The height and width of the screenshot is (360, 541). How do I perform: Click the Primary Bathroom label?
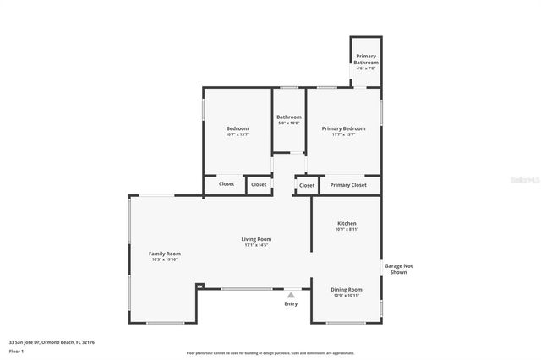[366, 59]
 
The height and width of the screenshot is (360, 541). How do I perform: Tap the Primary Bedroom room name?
[343, 128]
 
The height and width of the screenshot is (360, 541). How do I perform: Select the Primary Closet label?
[348, 184]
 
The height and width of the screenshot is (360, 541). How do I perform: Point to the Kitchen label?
[347, 223]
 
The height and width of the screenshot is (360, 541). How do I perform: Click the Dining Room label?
[346, 289]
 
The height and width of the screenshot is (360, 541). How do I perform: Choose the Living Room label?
[257, 239]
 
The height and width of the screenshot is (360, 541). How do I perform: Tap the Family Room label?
[165, 254]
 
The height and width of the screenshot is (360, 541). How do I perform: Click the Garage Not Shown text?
[399, 269]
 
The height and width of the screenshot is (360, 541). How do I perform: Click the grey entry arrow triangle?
[291, 295]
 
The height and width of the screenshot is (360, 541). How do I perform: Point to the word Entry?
[291, 303]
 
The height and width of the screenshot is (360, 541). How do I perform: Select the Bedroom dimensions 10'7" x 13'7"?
[238, 134]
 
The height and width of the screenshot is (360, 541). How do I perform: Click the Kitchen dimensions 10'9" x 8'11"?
[347, 229]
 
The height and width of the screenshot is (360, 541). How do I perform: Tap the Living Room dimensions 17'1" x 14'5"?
[257, 245]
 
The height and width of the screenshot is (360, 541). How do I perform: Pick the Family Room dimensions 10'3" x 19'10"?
[165, 259]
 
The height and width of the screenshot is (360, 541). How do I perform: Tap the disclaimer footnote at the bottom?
[271, 353]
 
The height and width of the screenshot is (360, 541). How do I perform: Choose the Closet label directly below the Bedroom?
[227, 184]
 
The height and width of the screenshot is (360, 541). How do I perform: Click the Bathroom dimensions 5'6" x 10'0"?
[289, 123]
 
